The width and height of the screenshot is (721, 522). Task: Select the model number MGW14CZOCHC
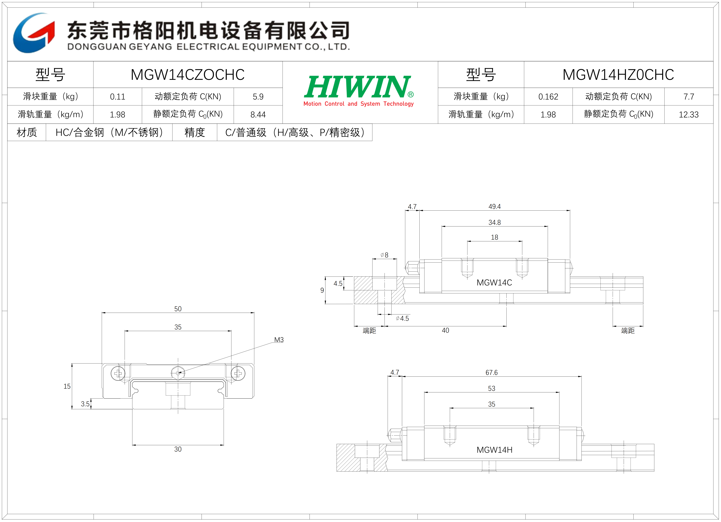pyautogui.click(x=188, y=75)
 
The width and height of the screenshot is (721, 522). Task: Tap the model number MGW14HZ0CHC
pyautogui.click(x=618, y=75)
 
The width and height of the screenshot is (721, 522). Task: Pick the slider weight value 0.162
pyautogui.click(x=548, y=97)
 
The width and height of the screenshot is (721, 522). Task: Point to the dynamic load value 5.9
pyautogui.click(x=258, y=97)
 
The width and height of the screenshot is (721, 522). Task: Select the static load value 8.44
pyautogui.click(x=258, y=115)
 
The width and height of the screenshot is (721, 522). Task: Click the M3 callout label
pyautogui.click(x=279, y=340)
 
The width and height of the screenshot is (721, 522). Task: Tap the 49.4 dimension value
pyautogui.click(x=494, y=207)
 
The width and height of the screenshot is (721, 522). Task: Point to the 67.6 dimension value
pyautogui.click(x=491, y=373)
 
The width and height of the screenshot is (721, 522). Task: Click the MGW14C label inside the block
pyautogui.click(x=494, y=282)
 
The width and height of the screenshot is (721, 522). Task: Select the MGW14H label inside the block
pyautogui.click(x=494, y=450)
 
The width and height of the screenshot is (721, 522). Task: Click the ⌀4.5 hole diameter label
pyautogui.click(x=402, y=318)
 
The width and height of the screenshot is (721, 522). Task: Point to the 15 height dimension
pyautogui.click(x=67, y=386)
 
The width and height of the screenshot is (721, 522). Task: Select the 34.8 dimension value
pyautogui.click(x=494, y=222)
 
